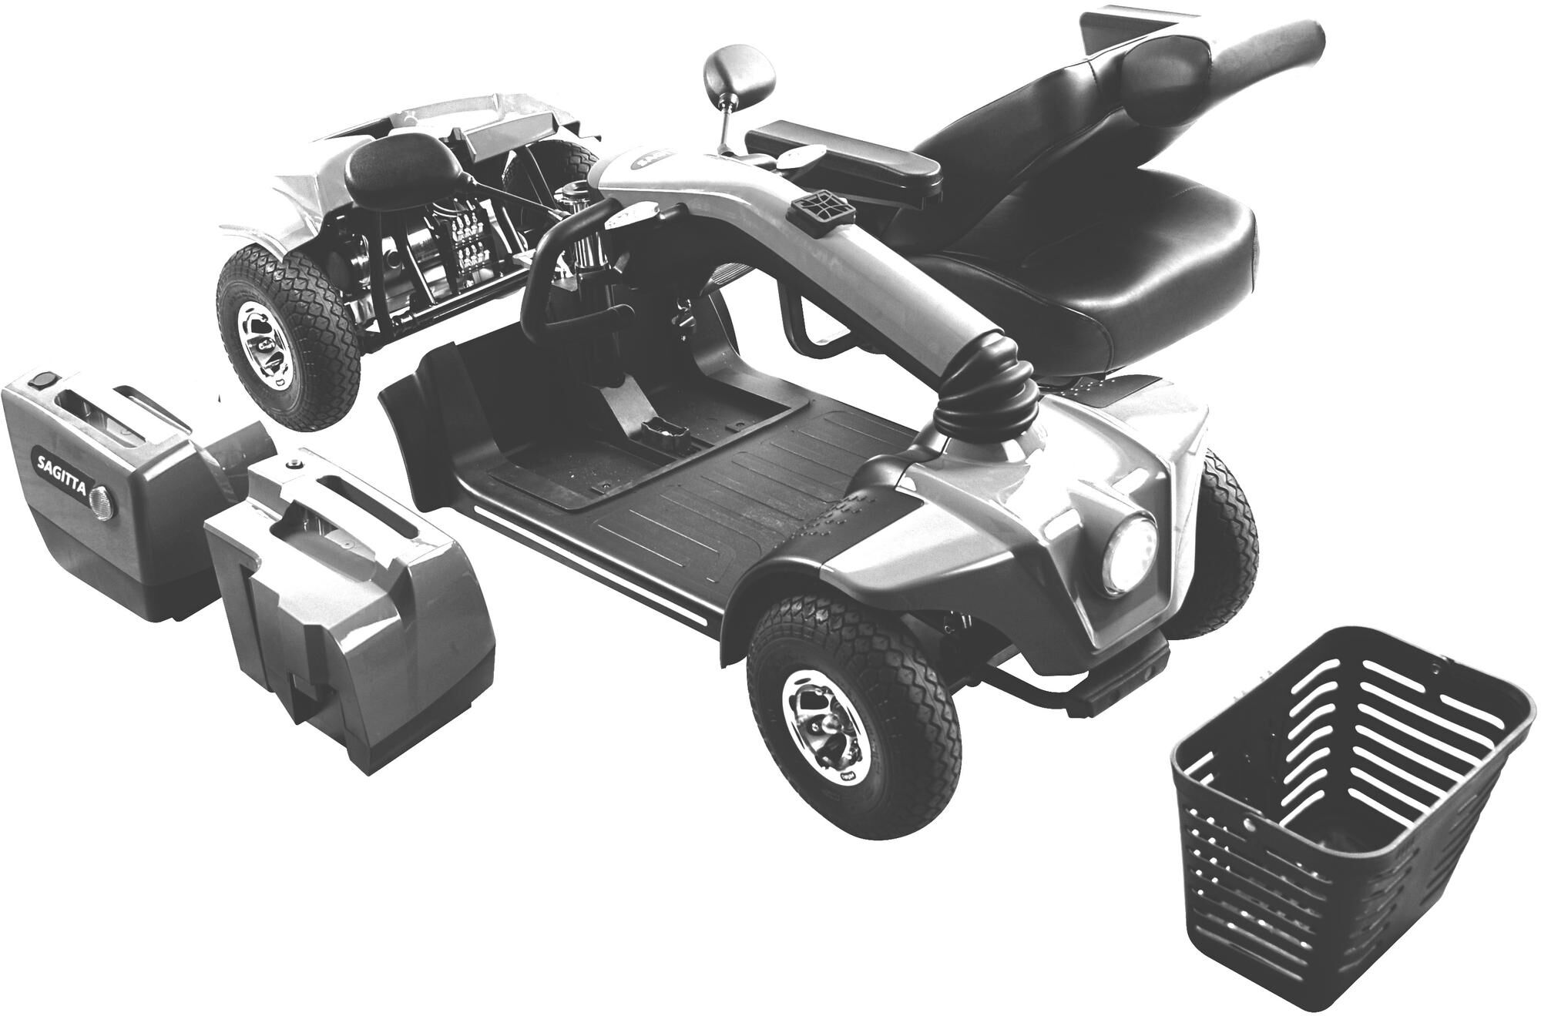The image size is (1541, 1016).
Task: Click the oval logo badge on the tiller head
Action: tap(655, 164)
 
